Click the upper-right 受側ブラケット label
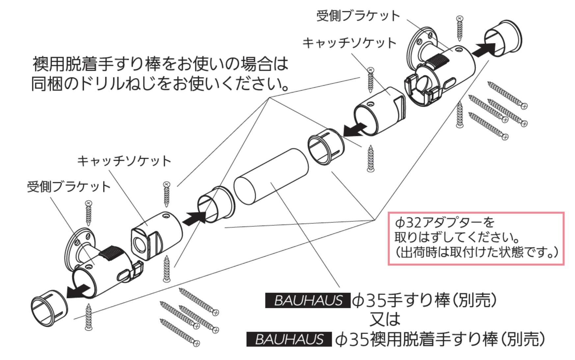pos(358,15)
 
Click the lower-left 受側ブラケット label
pos(69,187)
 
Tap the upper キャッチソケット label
pos(349,43)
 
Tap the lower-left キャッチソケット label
pos(124,161)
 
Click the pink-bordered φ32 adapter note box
pos(476,238)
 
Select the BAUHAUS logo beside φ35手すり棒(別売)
pos(308,300)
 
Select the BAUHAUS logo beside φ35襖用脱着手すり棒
pos(289,339)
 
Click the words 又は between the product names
pos(385,319)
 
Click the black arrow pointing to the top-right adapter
pos(483,49)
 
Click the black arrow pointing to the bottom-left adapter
pos(78,291)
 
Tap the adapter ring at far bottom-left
pos(49,309)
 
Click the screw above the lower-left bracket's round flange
pos(88,214)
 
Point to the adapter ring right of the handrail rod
pos(326,147)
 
